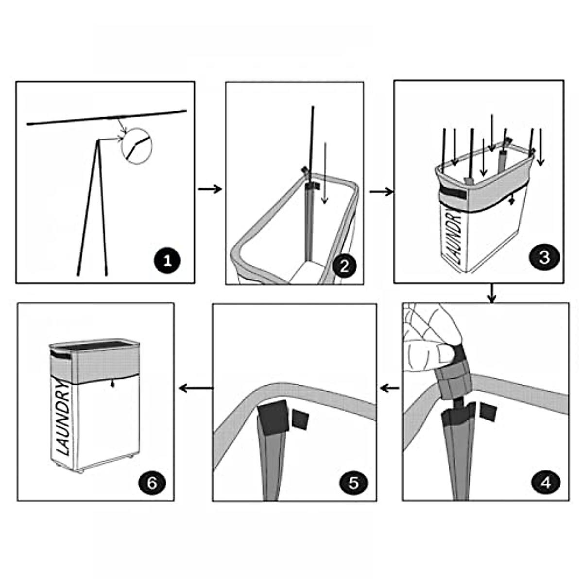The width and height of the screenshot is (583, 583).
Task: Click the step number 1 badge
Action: click(167, 260)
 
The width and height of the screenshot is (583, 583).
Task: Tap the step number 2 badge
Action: click(344, 266)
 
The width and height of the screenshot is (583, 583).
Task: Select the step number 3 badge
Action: click(544, 257)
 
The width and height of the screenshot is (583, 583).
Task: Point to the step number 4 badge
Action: click(546, 483)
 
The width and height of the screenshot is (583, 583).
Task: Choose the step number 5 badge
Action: click(354, 483)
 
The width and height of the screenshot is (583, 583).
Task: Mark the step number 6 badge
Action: click(152, 483)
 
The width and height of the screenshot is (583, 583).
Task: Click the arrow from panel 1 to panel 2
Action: click(210, 189)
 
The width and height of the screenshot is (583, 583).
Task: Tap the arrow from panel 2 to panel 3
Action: click(381, 191)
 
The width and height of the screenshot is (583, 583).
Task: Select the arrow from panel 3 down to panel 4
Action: click(492, 292)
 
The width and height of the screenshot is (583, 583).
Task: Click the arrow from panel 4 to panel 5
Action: click(390, 388)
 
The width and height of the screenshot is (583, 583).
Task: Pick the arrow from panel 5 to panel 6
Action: click(196, 388)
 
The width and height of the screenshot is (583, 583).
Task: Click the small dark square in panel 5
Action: click(300, 420)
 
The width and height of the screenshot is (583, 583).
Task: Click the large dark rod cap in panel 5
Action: click(273, 417)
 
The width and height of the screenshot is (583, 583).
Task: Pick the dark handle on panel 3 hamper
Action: click(453, 193)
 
